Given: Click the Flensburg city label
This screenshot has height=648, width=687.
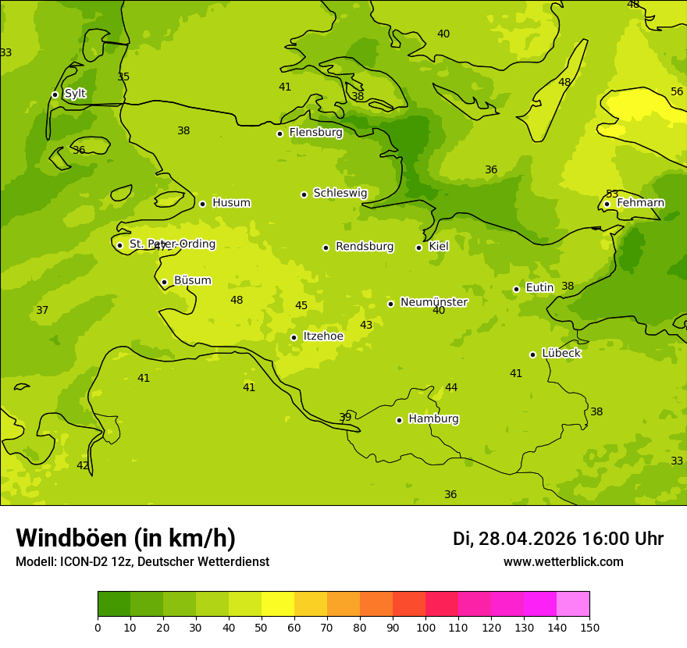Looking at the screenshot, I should click(315, 133).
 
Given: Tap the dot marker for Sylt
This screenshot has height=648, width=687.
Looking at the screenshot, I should click(55, 94).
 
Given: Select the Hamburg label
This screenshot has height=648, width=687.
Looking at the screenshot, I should click(433, 419).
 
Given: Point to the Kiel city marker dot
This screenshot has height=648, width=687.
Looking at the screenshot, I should click(418, 247).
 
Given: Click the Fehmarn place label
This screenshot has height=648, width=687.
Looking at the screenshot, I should click(640, 203).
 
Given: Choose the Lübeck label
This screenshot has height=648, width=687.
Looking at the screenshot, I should click(561, 354).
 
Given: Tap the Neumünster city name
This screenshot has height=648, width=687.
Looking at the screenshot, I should click(433, 302).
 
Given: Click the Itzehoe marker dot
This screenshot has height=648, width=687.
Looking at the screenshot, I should click(294, 337).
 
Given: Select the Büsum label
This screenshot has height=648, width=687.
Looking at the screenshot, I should click(192, 281).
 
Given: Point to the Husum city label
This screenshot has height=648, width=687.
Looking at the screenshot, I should click(231, 203).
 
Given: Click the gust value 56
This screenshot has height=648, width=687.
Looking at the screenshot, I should click(677, 92).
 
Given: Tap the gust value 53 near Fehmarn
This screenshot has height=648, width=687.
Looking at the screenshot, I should click(612, 194).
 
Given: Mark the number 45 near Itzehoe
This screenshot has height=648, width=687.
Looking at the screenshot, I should click(301, 306).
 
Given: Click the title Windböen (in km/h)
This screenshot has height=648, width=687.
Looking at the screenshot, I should click(126, 539).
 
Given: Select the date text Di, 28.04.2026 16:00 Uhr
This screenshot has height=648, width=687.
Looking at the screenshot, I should click(558, 539).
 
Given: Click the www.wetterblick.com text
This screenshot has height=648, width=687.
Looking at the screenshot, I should click(563, 562).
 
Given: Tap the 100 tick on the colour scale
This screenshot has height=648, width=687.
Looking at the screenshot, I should click(425, 628).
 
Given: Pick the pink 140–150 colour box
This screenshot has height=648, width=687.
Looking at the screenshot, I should click(573, 604).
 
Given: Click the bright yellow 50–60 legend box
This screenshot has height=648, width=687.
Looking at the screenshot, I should click(278, 604).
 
